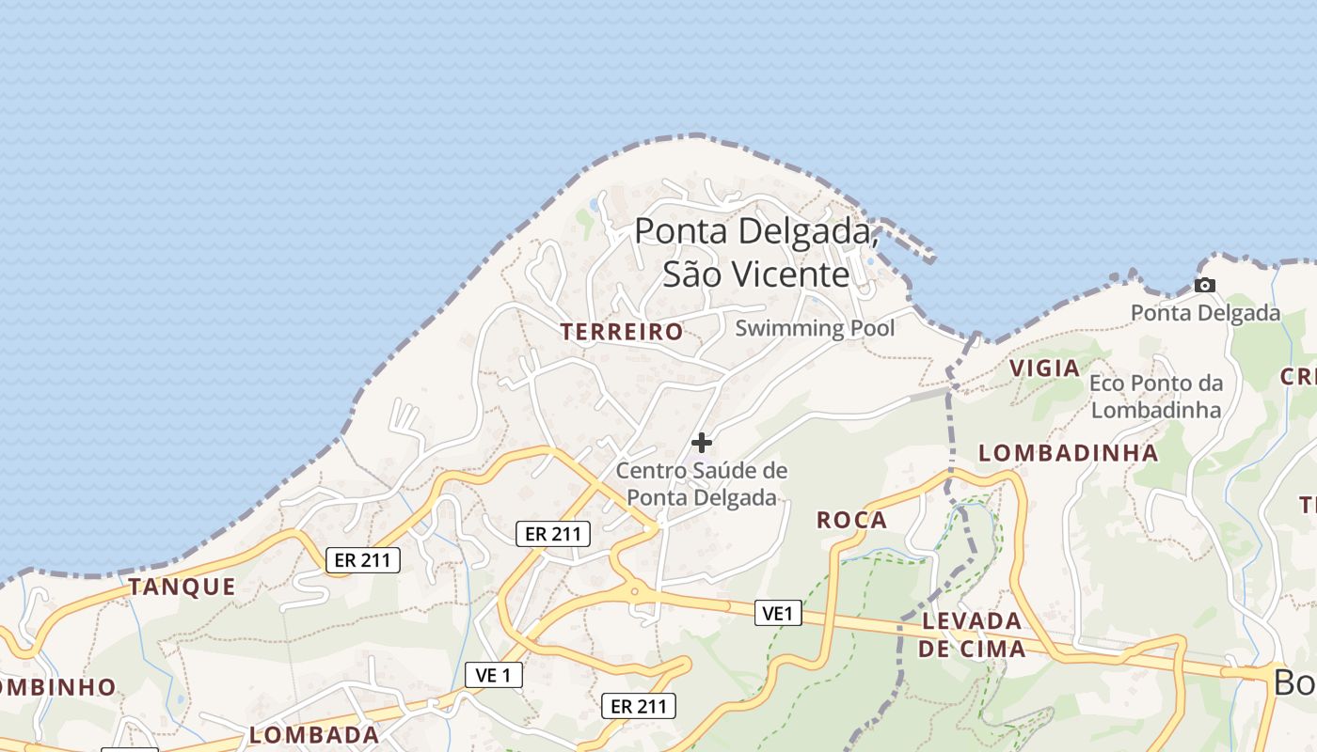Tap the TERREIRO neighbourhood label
click(x=622, y=332)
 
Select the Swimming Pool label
click(x=815, y=328)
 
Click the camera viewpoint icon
click(x=1204, y=285)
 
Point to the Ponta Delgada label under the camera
click(x=1205, y=313)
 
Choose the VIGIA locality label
click(x=1044, y=368)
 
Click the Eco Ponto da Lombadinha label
click(x=1156, y=396)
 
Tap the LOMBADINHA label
click(x=1068, y=453)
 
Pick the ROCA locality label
click(x=851, y=520)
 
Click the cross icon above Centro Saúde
click(x=701, y=442)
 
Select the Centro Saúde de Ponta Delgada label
click(x=702, y=483)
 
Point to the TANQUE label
click(x=182, y=587)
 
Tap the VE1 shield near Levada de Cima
click(x=778, y=614)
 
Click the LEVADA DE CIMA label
click(x=972, y=634)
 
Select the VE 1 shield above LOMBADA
click(x=493, y=674)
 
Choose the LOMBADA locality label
click(x=314, y=734)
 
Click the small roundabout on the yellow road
click(x=634, y=592)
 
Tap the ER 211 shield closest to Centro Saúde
click(x=553, y=534)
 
